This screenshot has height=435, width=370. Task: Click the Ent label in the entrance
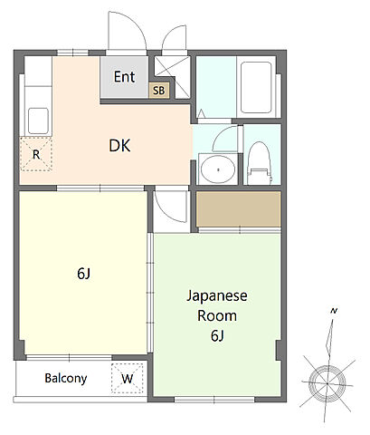click(124, 77)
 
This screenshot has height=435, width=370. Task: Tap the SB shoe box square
click(159, 90)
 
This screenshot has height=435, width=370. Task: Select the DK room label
click(119, 146)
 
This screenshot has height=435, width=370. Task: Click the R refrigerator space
click(36, 154)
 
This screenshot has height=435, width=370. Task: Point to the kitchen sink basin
click(38, 121)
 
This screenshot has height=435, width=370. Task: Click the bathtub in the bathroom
click(256, 88)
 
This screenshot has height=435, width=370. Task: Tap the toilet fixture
click(259, 163)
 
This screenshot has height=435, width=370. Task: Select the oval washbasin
click(218, 169)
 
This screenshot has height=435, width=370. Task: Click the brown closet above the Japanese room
click(239, 208)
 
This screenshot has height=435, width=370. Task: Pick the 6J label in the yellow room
click(83, 274)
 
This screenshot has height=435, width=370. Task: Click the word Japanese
click(217, 296)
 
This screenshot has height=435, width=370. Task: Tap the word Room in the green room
click(217, 316)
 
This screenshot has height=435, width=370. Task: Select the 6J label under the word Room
click(217, 335)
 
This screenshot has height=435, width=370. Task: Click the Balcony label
click(66, 378)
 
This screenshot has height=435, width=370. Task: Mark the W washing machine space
click(127, 379)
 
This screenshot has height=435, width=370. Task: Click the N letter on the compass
click(334, 311)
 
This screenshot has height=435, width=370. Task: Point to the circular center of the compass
click(327, 383)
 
